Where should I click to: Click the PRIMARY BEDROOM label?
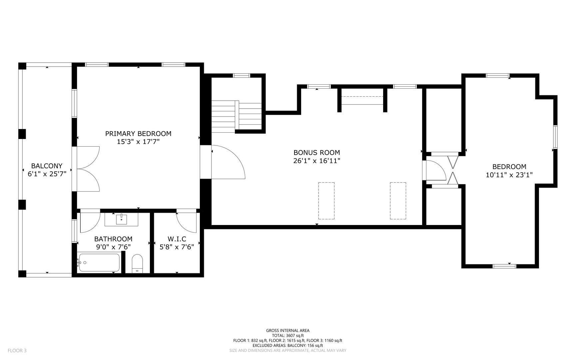[x=138, y=134]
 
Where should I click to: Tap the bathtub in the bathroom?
[x=99, y=263]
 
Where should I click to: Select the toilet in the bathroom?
[x=137, y=263]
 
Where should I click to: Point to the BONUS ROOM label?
[x=316, y=153]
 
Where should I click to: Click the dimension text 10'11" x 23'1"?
[x=509, y=175]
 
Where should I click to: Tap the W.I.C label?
[x=177, y=239]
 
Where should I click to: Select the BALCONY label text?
[x=47, y=166]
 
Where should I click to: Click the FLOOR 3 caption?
[x=17, y=350]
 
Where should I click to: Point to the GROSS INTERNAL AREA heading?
[x=288, y=331]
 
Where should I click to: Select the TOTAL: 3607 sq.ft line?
[x=288, y=336]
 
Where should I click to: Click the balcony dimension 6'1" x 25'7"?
[x=47, y=174]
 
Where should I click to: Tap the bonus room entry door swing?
[x=229, y=162]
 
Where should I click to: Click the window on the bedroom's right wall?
[x=555, y=137]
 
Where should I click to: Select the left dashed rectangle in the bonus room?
[x=326, y=201]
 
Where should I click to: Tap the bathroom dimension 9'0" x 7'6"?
[x=113, y=247]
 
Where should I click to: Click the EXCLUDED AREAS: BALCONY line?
[x=288, y=346]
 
